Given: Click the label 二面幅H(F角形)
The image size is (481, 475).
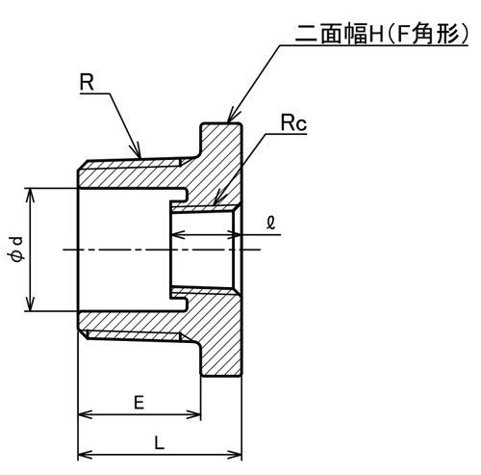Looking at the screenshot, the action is (x=382, y=34).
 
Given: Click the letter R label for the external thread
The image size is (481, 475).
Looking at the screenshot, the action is (x=87, y=82).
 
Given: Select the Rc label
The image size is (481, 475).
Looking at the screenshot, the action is (x=293, y=123).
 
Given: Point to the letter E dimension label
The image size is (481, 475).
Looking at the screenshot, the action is (x=139, y=403).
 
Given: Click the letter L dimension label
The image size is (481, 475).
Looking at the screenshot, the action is (x=160, y=443).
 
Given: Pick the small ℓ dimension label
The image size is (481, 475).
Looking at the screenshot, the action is (x=271, y=223).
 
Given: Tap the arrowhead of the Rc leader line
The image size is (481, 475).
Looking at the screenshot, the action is (x=217, y=198).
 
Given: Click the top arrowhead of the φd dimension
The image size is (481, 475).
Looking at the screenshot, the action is (x=30, y=196).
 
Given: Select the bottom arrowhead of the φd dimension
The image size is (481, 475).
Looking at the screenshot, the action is (x=30, y=303).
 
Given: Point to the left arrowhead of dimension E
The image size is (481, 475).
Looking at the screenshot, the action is (x=86, y=414).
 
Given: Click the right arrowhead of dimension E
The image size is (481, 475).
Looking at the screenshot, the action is (x=193, y=414).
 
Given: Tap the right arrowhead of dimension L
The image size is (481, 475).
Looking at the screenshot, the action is (x=235, y=455).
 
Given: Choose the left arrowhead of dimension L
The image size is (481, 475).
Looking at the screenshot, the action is (x=86, y=455).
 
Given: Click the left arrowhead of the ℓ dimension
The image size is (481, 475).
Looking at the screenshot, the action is (x=179, y=235).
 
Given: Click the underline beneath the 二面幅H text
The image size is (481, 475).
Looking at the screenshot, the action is (x=374, y=45).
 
